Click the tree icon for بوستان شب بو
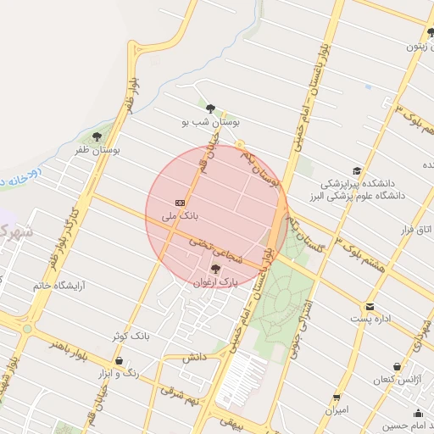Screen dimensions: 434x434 coord(210,108)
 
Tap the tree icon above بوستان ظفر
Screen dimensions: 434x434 coord(97,136)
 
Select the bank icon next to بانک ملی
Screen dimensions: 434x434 coord(180,203)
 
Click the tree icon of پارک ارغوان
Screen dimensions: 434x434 coord(216,269)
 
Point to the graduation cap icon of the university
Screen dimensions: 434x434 coord(357,171)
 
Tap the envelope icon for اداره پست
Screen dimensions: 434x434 coord(370,307)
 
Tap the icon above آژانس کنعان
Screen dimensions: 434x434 coord(397,367)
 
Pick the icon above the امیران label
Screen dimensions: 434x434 coord(337,398)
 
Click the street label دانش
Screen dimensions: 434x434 coord(194,357)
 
